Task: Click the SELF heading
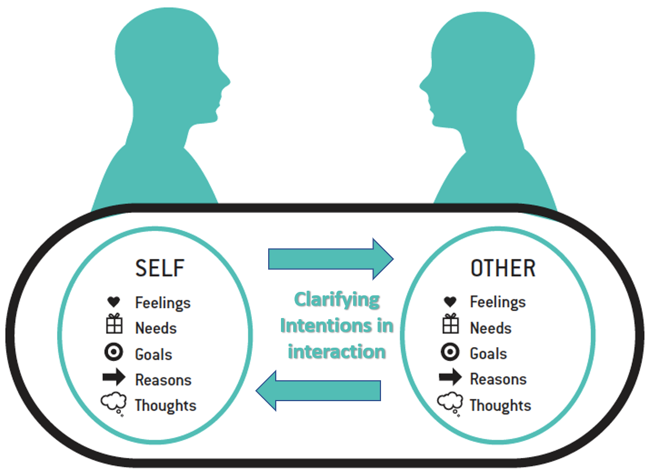coord(160,268)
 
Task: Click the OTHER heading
coord(503,268)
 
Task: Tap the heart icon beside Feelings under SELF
coord(113,302)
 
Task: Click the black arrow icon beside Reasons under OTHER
coord(450,378)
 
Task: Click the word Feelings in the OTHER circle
coord(497,302)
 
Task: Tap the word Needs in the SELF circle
coord(156,328)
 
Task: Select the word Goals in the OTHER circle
coord(488,353)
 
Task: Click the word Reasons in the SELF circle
coord(163,380)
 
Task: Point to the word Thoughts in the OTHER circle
coord(500,405)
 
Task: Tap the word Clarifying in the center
coord(337,300)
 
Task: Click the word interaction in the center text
coord(337,352)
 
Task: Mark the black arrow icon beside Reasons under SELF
coord(114,378)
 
